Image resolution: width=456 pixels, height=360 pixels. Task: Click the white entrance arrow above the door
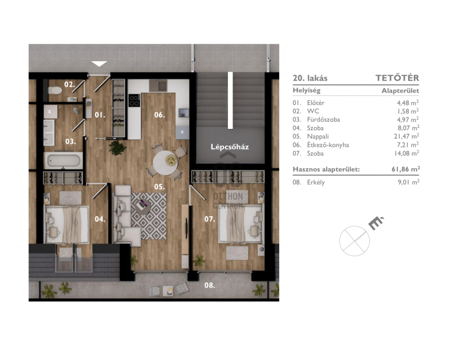(99, 63)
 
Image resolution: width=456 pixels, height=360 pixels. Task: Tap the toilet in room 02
(55, 90)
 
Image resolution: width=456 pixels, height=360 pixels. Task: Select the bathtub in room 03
(64, 160)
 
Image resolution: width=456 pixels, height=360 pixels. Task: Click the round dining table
(165, 163)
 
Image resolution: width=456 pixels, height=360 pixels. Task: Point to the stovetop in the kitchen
(134, 100)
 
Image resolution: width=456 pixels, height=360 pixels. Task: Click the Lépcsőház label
(230, 147)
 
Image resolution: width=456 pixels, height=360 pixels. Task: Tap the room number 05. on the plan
(160, 187)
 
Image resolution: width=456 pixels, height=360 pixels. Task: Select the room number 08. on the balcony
(209, 285)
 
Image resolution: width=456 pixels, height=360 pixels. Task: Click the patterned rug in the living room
(149, 216)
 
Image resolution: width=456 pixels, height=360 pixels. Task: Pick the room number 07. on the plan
(209, 219)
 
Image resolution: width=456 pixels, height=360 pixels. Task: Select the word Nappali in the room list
(318, 136)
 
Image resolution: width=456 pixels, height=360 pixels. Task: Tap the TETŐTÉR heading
(397, 78)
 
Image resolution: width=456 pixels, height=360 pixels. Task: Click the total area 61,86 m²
(405, 169)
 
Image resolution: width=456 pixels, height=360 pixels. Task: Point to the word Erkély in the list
(316, 183)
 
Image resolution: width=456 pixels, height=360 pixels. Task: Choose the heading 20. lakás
(310, 78)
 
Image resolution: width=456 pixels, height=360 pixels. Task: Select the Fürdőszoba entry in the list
(323, 120)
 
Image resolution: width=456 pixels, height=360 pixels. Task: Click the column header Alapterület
(401, 91)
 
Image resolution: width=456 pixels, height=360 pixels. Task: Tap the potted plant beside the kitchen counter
(117, 148)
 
